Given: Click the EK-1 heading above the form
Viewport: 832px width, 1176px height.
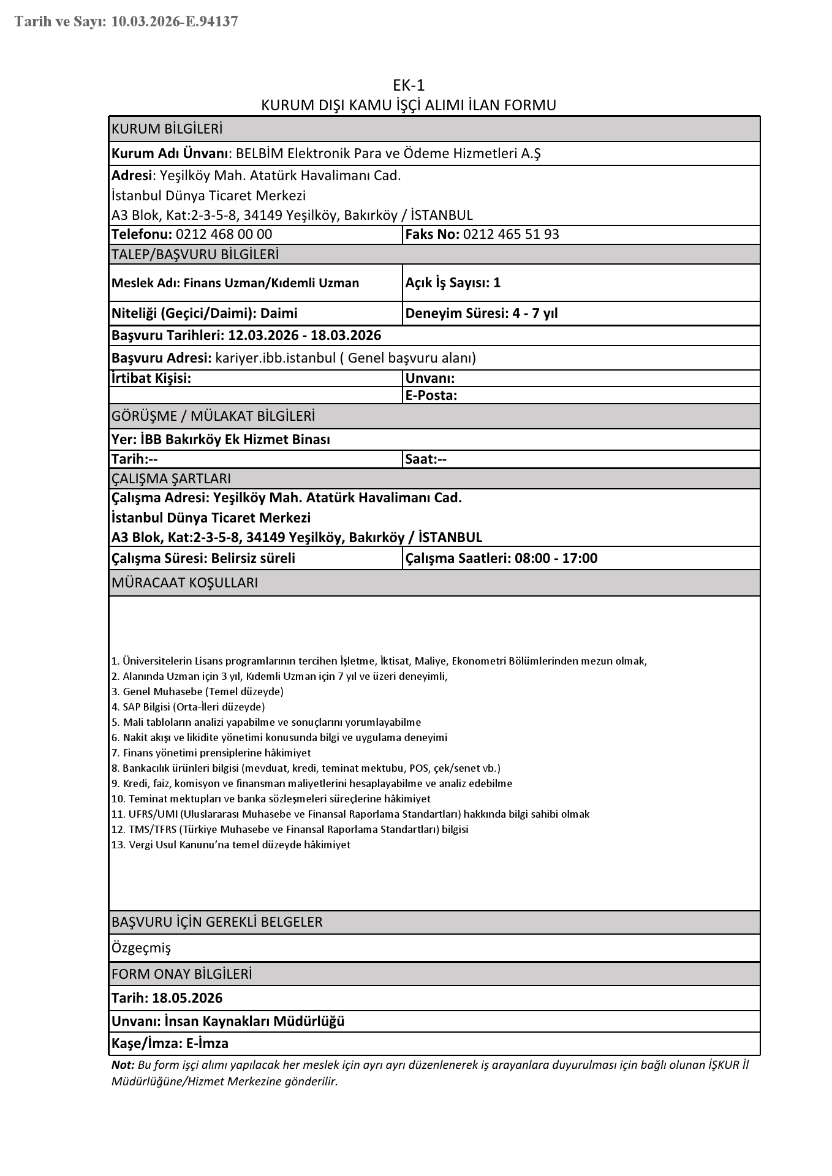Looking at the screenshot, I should (409, 85).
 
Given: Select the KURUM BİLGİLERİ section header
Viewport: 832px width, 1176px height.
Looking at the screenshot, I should (167, 129).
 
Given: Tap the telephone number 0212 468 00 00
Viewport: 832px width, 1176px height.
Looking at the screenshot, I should (224, 235).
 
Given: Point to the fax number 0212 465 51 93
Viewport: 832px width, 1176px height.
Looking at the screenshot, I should (511, 235).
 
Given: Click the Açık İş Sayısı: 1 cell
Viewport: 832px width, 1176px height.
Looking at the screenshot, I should (453, 282).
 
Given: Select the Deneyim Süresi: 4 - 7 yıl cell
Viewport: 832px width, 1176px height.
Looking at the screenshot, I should (482, 314).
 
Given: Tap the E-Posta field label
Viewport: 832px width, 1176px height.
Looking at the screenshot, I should (431, 396).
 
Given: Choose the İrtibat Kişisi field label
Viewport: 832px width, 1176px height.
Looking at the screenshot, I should (151, 379).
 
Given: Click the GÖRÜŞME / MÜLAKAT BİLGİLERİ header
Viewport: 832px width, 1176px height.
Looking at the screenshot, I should (213, 417).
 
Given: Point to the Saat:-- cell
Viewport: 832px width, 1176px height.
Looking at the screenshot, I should (426, 459).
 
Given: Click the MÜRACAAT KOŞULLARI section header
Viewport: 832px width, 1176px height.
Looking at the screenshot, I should (184, 583).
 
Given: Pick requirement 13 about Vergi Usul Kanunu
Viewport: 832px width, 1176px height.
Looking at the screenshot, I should (232, 845).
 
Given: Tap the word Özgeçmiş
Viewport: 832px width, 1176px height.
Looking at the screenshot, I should (141, 948).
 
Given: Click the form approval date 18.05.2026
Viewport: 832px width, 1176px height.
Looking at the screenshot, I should (187, 998).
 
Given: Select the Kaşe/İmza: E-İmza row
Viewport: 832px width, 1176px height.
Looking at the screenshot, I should (170, 1043).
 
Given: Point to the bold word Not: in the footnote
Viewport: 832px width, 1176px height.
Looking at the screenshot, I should (123, 1065).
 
